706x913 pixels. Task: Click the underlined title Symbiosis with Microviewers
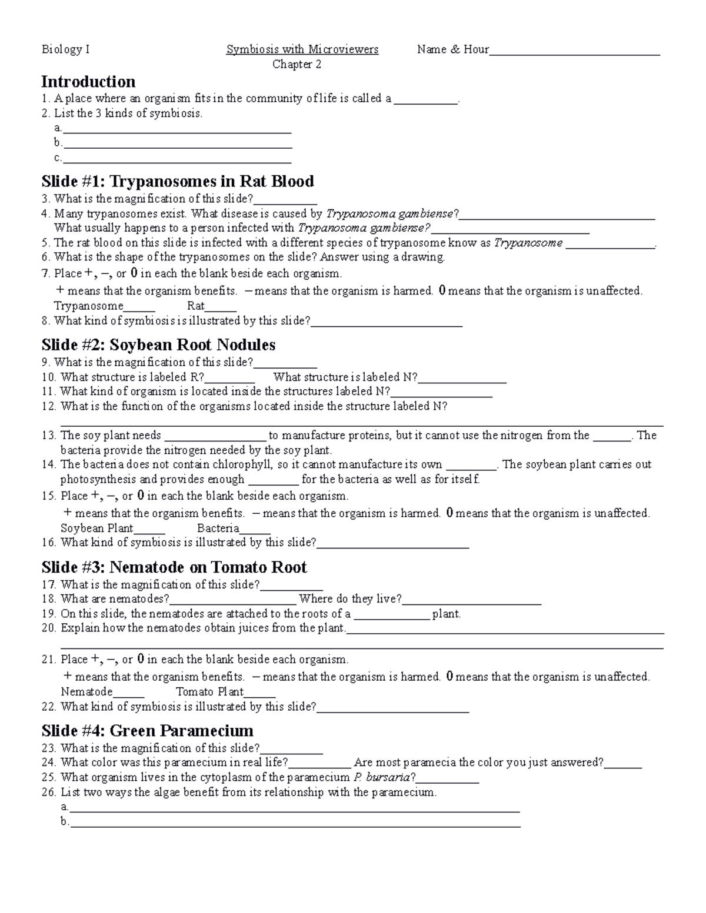pyautogui.click(x=302, y=49)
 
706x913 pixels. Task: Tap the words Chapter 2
pyautogui.click(x=297, y=65)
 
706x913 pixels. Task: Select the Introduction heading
pyautogui.click(x=88, y=81)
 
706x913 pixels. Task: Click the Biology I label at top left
pyautogui.click(x=65, y=49)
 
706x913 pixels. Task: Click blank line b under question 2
pyautogui.click(x=177, y=145)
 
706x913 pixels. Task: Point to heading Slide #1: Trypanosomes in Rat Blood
pyautogui.click(x=177, y=181)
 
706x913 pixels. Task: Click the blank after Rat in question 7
pyautogui.click(x=221, y=308)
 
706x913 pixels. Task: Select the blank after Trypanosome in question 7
pyautogui.click(x=139, y=308)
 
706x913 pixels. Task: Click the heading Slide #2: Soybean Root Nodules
pyautogui.click(x=158, y=345)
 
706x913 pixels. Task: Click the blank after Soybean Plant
pyautogui.click(x=149, y=530)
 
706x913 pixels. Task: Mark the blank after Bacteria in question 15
pyautogui.click(x=255, y=530)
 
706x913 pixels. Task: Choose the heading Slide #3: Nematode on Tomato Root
pyautogui.click(x=174, y=567)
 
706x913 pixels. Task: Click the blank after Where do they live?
pyautogui.click(x=471, y=601)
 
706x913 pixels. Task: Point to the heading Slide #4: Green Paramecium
pyautogui.click(x=147, y=731)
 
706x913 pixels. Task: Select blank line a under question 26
pyautogui.click(x=294, y=809)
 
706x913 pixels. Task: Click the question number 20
pyautogui.click(x=49, y=628)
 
